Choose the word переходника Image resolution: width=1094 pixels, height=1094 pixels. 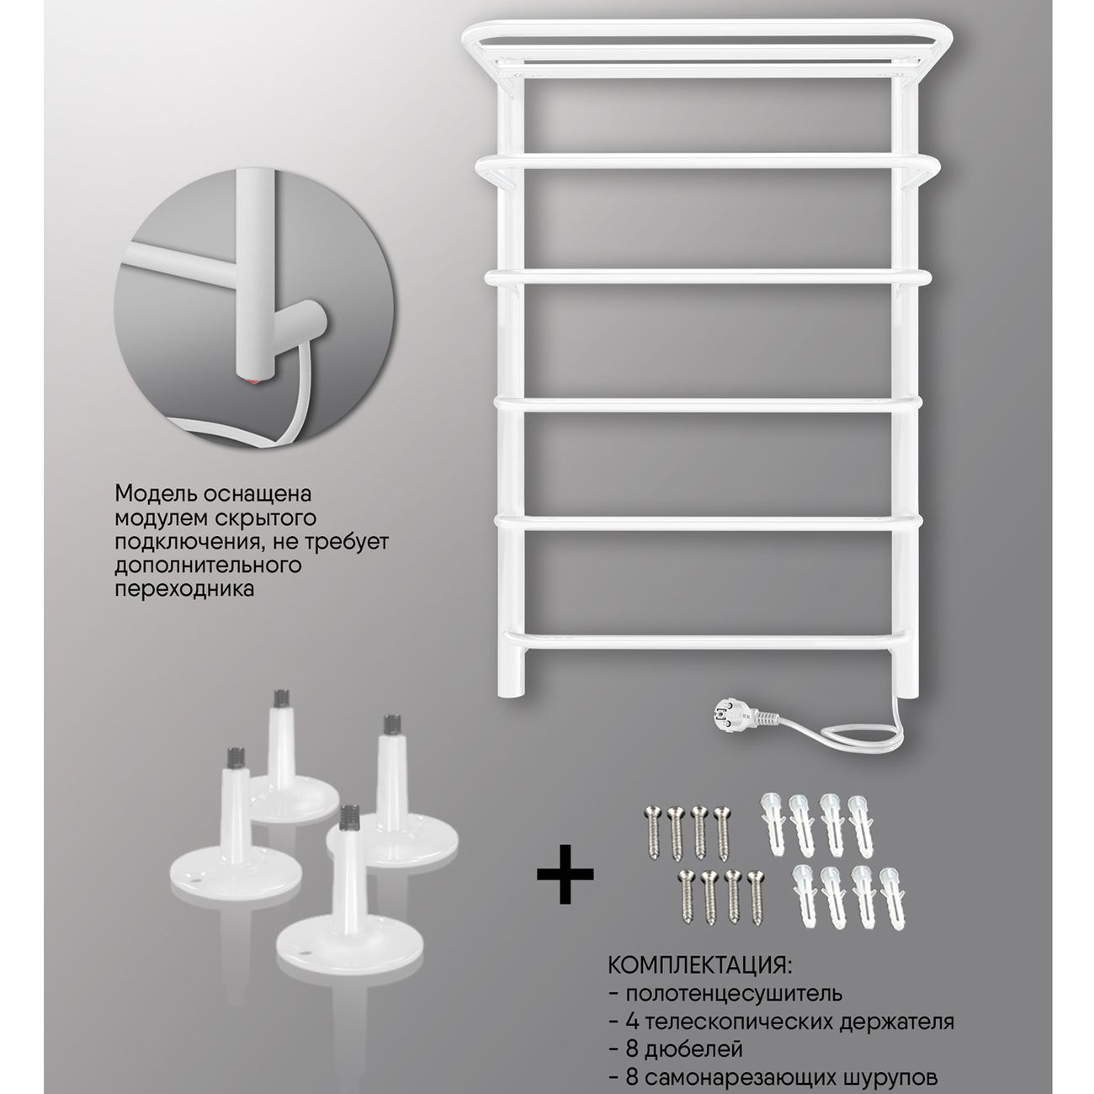coord(184,589)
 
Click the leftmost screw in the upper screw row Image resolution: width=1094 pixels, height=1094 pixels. coord(652,832)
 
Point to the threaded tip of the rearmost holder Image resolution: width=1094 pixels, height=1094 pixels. coord(281,699)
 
